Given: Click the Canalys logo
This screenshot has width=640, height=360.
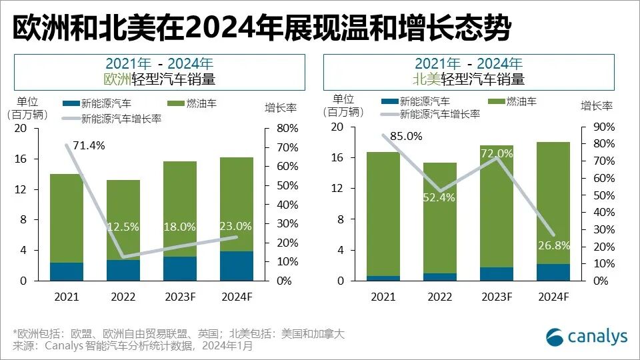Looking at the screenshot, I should click(x=587, y=337).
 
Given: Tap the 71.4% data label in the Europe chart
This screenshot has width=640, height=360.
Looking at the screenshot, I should click(x=88, y=146).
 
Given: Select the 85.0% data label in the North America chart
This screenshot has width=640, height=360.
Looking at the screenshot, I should click(x=406, y=136).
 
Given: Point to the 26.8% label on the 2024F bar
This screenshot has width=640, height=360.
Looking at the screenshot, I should click(x=553, y=245).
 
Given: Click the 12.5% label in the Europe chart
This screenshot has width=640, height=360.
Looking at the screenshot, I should click(x=123, y=227).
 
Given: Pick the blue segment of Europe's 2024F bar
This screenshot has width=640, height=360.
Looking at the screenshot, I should click(x=237, y=266).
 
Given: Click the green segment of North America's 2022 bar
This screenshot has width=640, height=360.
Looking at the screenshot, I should click(x=440, y=217).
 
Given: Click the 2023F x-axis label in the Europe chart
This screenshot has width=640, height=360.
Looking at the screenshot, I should click(x=180, y=297).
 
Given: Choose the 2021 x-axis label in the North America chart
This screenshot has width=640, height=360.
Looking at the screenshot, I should click(x=383, y=297).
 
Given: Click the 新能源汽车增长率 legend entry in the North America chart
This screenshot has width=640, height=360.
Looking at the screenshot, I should click(x=440, y=114).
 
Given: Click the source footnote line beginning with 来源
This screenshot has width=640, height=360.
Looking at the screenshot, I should click(x=133, y=346).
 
